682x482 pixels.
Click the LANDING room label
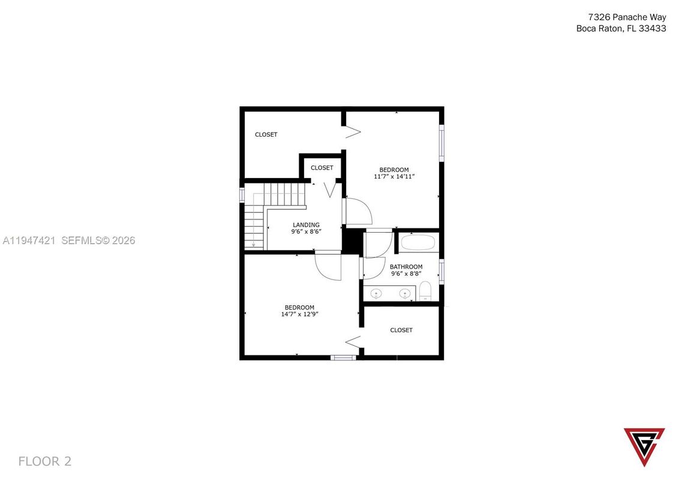[x=306, y=225]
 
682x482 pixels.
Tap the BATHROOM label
[x=406, y=267]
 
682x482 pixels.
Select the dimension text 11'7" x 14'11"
[x=395, y=177]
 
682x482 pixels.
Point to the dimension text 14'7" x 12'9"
[x=299, y=314]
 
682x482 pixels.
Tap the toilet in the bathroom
[x=425, y=291]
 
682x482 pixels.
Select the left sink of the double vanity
[x=377, y=293]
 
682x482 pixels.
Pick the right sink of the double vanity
[x=405, y=293]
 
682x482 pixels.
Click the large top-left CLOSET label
[x=266, y=135]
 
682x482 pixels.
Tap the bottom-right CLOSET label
[x=401, y=330]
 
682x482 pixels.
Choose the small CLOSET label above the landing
[x=322, y=168]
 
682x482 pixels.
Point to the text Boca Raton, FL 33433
[x=621, y=28]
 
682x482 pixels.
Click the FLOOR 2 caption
[x=45, y=461]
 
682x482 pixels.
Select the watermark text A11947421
[x=29, y=240]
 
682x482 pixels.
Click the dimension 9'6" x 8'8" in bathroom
[x=406, y=274]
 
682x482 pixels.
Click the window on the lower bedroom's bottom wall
[x=343, y=358]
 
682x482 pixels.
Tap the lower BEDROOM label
[x=299, y=307]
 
